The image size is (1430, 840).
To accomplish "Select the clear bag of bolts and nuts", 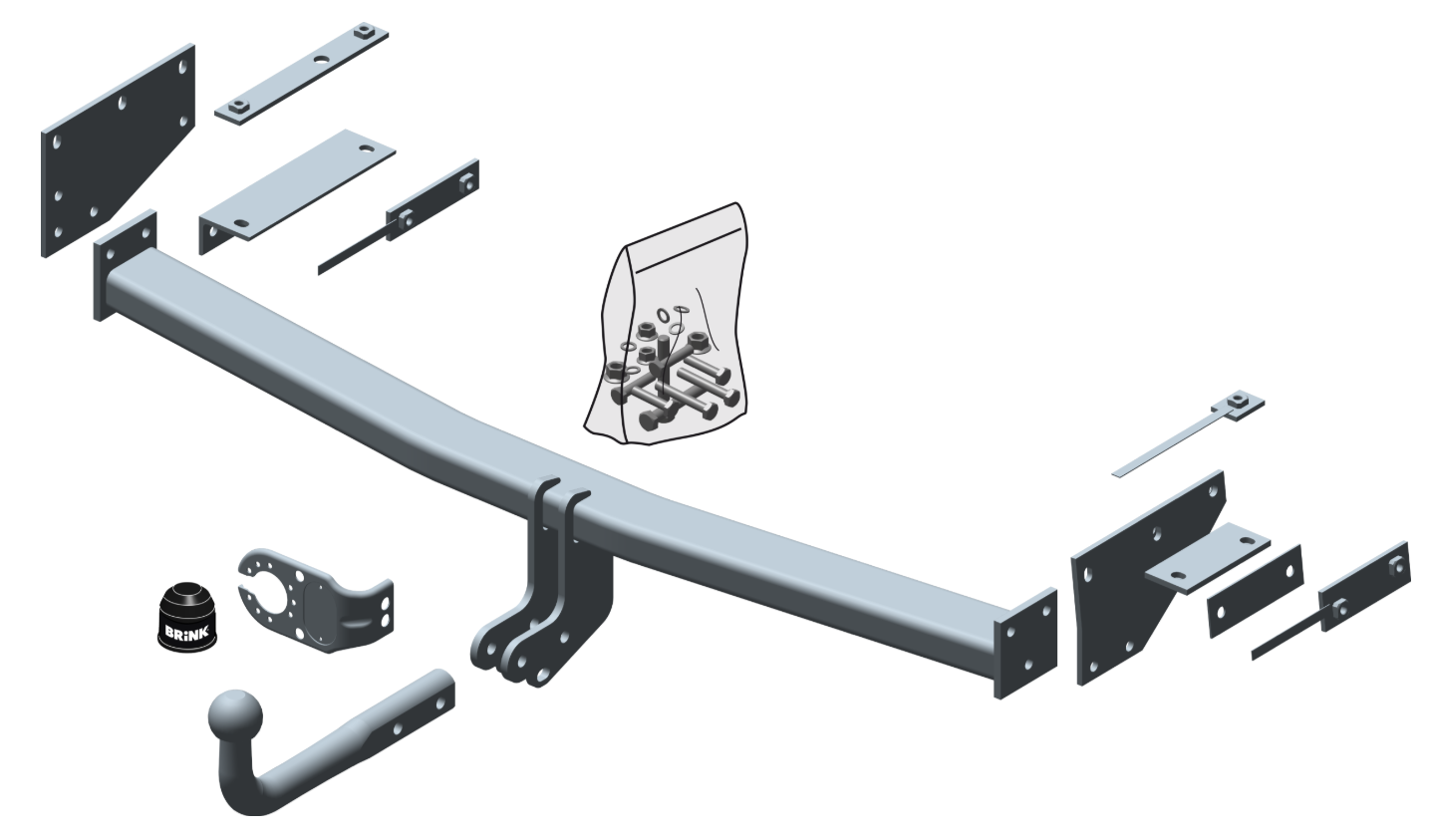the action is pyautogui.click(x=666, y=324).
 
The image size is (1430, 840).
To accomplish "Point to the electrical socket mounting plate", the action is pyautogui.click(x=316, y=601).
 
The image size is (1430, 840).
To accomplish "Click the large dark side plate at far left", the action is pyautogui.click(x=119, y=150).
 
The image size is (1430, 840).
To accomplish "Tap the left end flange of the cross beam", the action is pyautogui.click(x=126, y=265).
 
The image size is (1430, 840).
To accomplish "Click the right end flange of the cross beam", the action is pyautogui.click(x=1025, y=644).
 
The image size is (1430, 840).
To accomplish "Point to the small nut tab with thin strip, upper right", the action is pyautogui.click(x=1189, y=433).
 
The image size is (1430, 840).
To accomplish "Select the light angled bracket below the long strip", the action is pyautogui.click(x=297, y=191).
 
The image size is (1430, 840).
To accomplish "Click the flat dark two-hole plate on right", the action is pyautogui.click(x=1256, y=591).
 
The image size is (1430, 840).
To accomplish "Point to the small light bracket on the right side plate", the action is pyautogui.click(x=1207, y=557).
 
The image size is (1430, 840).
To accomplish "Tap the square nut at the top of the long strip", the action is pyautogui.click(x=365, y=31).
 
